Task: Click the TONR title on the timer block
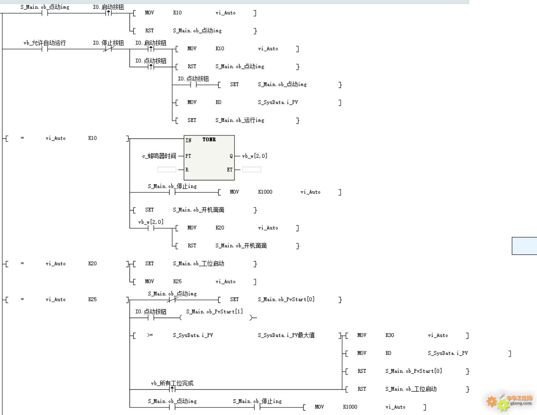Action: coord(209,140)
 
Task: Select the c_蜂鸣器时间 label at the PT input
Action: coord(159,156)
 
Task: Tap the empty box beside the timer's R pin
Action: coord(167,170)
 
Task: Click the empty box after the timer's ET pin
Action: coord(252,170)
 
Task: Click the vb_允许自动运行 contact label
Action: coord(45,43)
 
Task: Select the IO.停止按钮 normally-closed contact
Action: coord(108,49)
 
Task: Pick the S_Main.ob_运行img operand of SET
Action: coord(240,120)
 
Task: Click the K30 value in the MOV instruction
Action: coord(390,335)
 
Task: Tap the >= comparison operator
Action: coord(150,335)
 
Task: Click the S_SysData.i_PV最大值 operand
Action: coord(286,335)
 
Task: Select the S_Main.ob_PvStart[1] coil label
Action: coord(214,312)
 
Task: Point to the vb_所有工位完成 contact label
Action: coord(172,383)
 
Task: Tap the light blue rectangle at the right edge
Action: coord(525,246)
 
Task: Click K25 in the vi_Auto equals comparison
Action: coord(93,300)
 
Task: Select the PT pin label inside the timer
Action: coord(188,156)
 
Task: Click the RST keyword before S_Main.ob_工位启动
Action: coord(362,389)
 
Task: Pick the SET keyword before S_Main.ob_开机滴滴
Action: coord(150,210)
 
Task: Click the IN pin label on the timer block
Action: coord(188,140)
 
